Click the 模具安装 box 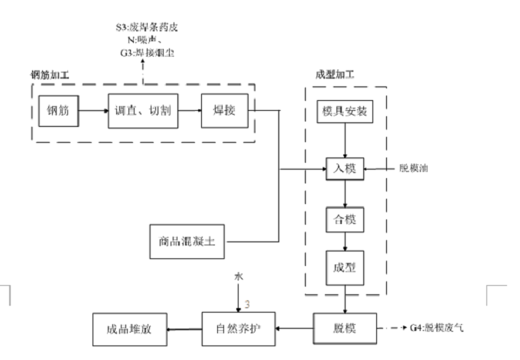(x=345, y=112)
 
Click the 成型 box (x=345, y=270)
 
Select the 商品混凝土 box (x=187, y=243)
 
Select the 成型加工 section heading (x=334, y=75)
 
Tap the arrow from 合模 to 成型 (x=345, y=243)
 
